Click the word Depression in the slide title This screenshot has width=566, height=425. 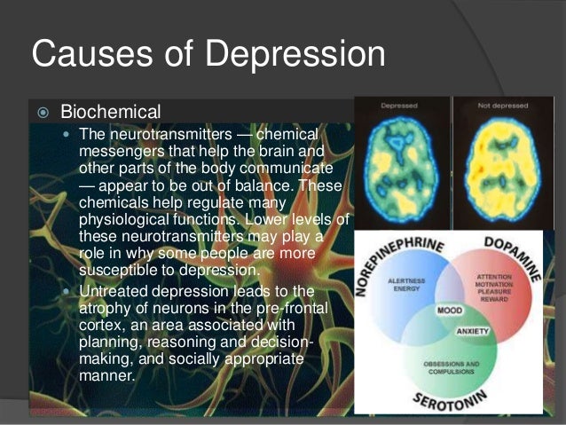(x=289, y=55)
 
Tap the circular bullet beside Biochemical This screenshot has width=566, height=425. (x=41, y=113)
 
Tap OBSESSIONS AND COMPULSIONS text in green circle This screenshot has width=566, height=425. (x=450, y=366)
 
